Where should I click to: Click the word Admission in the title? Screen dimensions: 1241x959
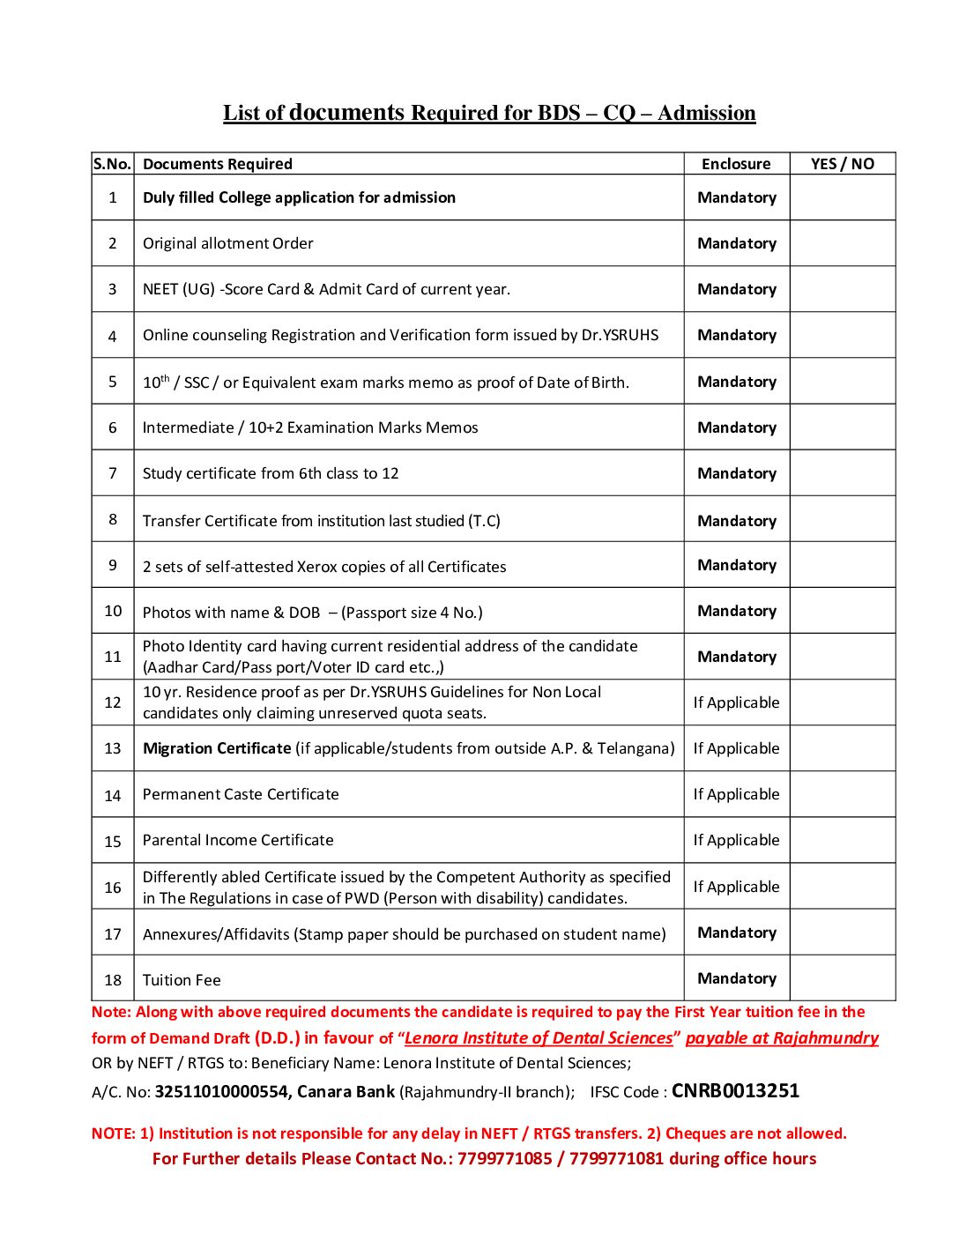tap(706, 114)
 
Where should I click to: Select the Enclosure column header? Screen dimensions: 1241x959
tap(736, 164)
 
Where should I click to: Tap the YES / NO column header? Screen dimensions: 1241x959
tap(843, 164)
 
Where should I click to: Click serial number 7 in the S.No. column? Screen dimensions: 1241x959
tap(113, 473)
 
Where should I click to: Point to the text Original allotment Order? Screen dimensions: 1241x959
tap(228, 243)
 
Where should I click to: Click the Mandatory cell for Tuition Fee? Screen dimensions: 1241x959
tap(737, 978)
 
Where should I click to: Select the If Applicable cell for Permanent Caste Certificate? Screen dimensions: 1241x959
tap(736, 794)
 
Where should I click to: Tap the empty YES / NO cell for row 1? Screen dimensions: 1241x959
tap(843, 197)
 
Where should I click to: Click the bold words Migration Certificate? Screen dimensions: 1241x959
tap(217, 748)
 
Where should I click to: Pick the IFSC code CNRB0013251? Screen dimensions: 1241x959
tap(735, 1091)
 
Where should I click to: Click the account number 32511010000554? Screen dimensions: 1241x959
tap(221, 1092)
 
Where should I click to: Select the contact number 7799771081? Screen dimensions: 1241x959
tap(616, 1158)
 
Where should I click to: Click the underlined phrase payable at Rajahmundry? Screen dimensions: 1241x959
tap(782, 1037)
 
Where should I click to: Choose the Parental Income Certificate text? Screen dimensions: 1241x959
tap(238, 840)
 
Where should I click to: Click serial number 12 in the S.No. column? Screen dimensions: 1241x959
tap(113, 702)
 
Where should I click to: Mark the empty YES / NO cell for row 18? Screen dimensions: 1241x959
tap(843, 978)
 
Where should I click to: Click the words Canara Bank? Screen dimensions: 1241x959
tap(346, 1092)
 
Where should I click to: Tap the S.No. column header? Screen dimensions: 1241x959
tap(112, 164)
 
